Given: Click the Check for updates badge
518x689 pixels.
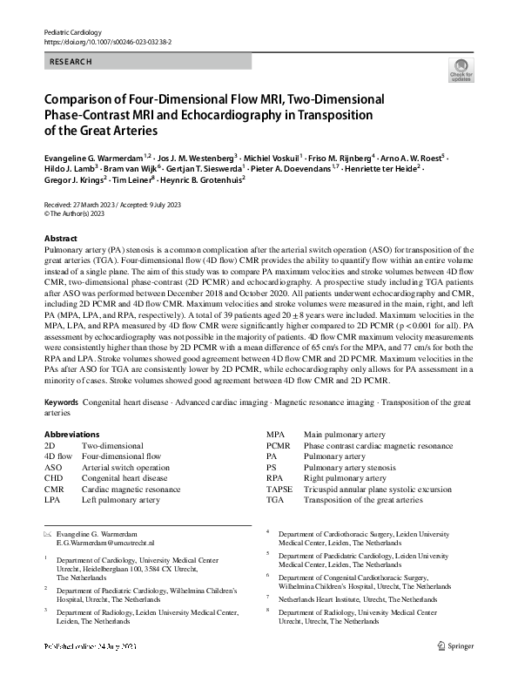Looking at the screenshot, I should pos(461,71).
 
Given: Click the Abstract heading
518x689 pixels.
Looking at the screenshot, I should pos(60,238).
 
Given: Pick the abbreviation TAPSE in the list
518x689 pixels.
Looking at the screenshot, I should pos(279,490).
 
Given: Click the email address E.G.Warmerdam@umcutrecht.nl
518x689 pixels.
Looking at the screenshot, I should pos(99,542).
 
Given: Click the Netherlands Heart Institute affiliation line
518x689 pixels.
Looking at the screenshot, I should pos(358,600).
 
